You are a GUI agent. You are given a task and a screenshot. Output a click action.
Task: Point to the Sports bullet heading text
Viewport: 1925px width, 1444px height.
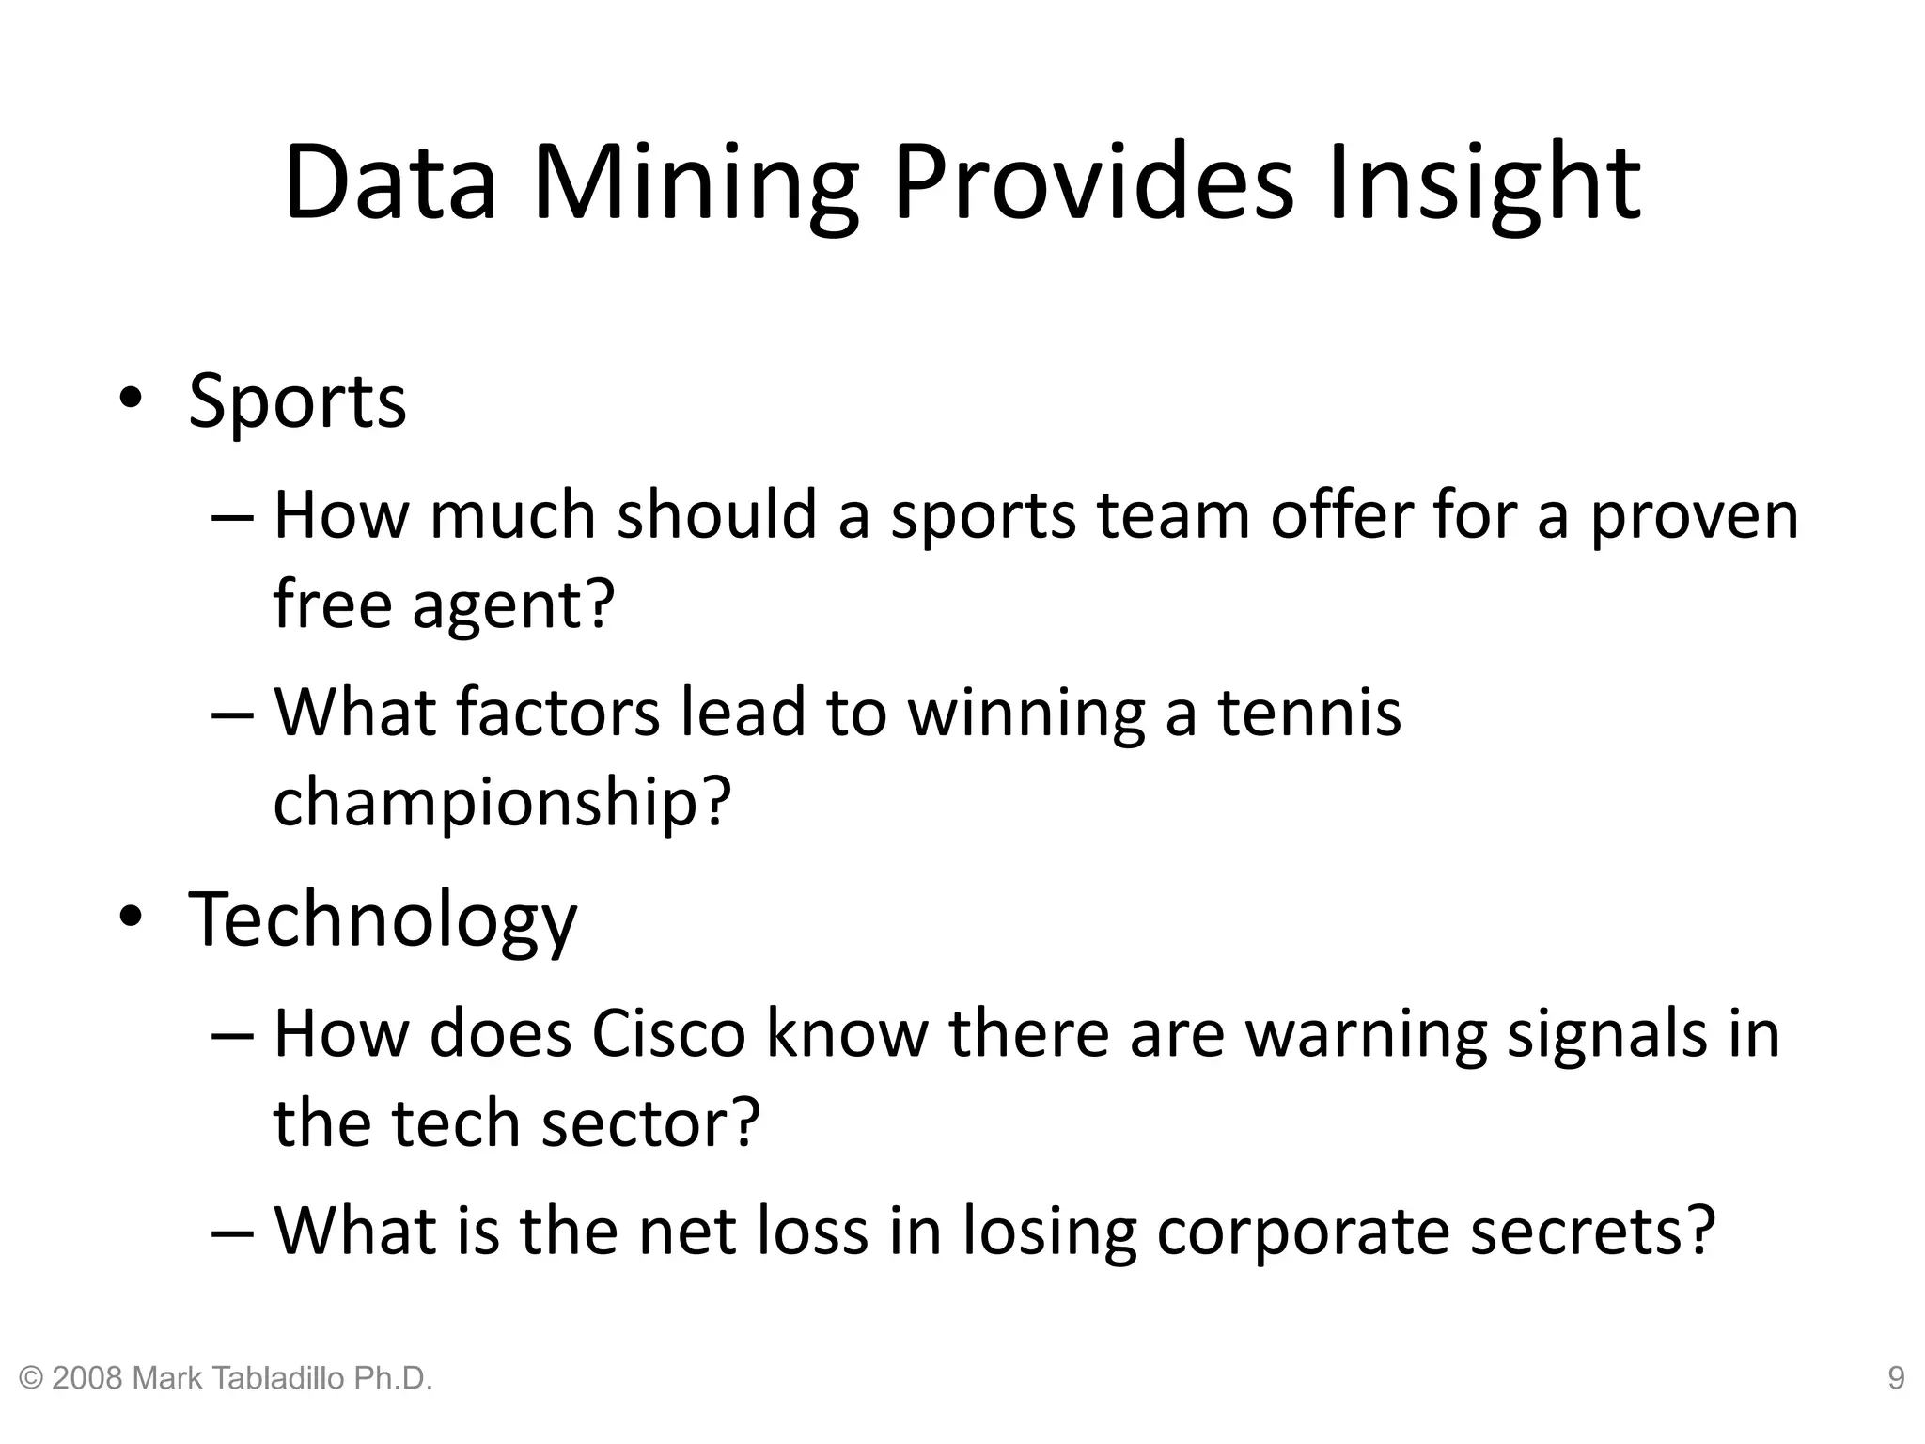[297, 402]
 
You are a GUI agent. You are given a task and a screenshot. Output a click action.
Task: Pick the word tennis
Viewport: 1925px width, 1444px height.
[1309, 712]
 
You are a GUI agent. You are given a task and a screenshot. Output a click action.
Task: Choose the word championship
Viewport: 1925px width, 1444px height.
[502, 801]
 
